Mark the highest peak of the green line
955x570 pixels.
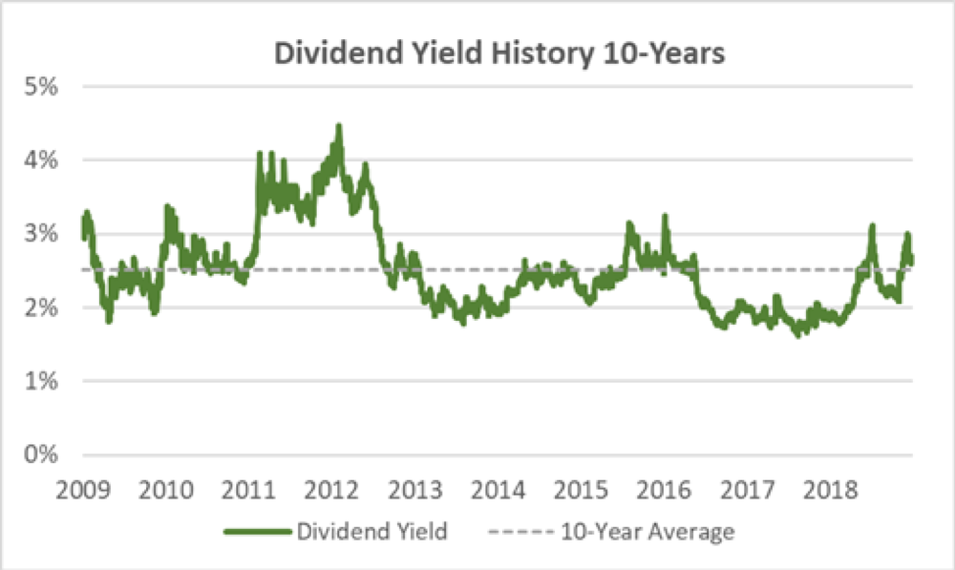(x=338, y=126)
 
